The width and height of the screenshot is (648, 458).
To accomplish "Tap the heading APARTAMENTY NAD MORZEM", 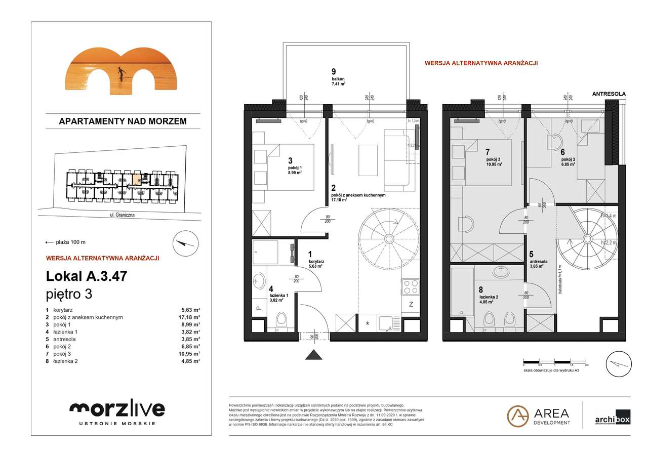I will (123, 121).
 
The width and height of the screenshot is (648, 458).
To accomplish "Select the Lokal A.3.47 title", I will (86, 276).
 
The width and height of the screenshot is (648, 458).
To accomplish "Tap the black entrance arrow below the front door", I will (312, 354).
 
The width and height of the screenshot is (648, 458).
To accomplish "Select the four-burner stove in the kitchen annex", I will (409, 286).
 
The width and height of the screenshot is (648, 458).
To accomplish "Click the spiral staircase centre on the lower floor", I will (389, 239).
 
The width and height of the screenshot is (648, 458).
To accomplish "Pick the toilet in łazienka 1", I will (281, 320).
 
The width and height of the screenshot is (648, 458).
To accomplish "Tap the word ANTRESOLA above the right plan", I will (610, 94).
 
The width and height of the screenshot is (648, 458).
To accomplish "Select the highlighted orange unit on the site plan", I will (136, 178).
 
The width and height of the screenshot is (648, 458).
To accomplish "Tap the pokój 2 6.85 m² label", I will (568, 159).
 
